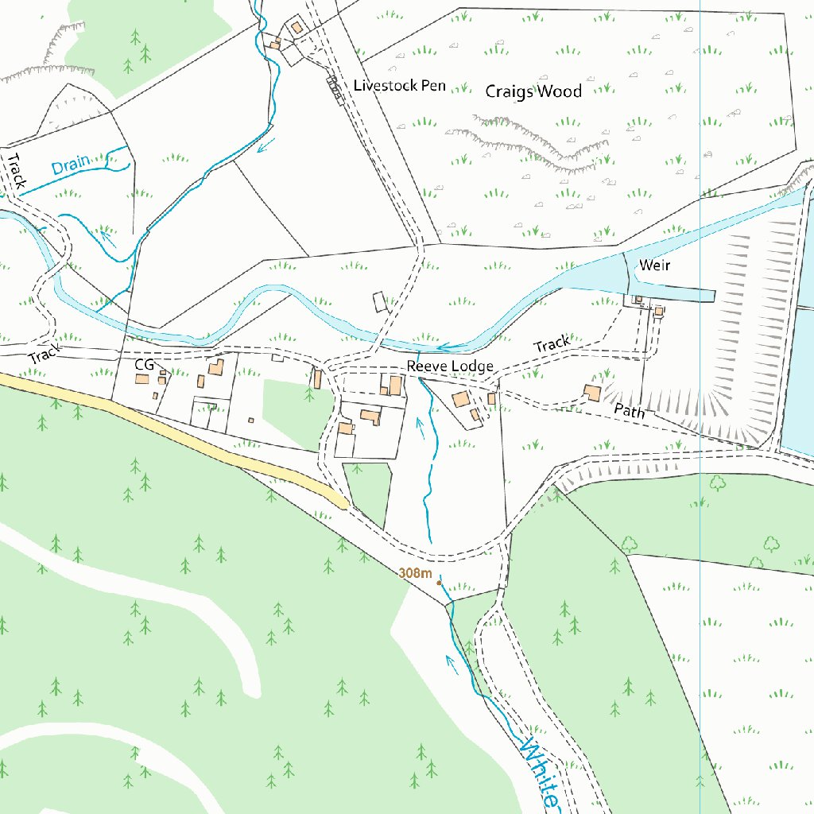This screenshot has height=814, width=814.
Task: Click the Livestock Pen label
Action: click(x=399, y=85)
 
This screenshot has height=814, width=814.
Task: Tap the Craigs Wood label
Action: click(x=533, y=91)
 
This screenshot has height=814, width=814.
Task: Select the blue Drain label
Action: click(x=70, y=166)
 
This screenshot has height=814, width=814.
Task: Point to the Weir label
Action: click(x=654, y=265)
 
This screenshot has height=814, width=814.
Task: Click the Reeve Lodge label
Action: click(x=450, y=366)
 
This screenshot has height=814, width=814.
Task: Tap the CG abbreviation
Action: click(x=143, y=364)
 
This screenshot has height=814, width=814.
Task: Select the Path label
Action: click(x=629, y=410)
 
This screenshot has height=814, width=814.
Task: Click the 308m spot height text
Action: click(x=415, y=573)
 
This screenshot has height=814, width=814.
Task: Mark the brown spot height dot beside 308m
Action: click(x=439, y=583)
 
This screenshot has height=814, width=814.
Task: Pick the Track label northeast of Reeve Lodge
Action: click(x=551, y=345)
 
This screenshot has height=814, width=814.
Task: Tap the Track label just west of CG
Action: click(x=45, y=355)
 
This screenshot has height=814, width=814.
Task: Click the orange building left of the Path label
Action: click(x=591, y=392)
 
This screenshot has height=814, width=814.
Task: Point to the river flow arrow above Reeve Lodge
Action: click(x=443, y=347)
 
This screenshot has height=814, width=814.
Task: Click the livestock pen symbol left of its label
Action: click(x=334, y=87)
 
